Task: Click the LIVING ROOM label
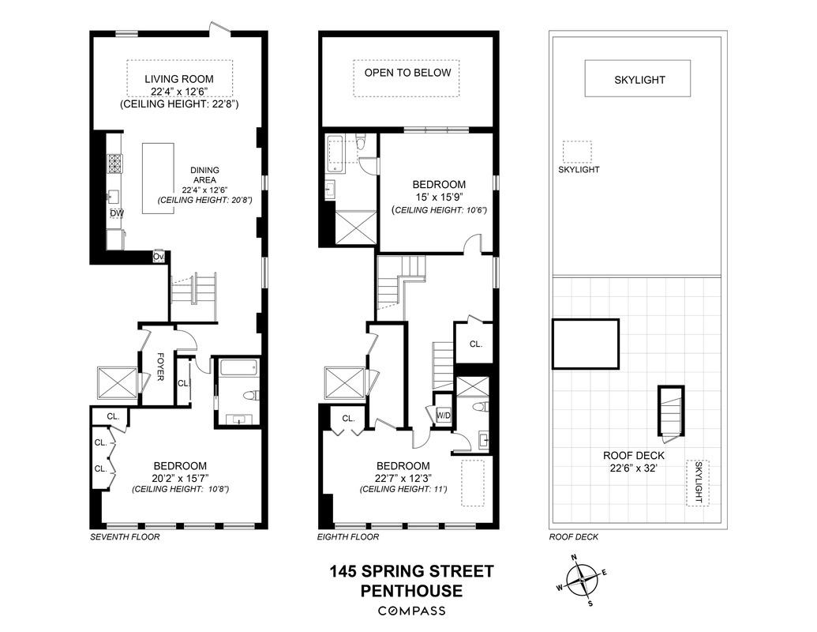(178, 79)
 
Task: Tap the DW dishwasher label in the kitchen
(116, 213)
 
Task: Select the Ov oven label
(159, 257)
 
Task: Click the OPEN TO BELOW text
(407, 73)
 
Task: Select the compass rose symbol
(583, 580)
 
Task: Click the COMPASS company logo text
(410, 611)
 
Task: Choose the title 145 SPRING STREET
(410, 570)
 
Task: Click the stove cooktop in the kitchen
(115, 163)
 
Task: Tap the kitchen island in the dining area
(159, 178)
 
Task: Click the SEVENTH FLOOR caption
(125, 537)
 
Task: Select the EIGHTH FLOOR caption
(348, 537)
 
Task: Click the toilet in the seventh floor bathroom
(249, 397)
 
